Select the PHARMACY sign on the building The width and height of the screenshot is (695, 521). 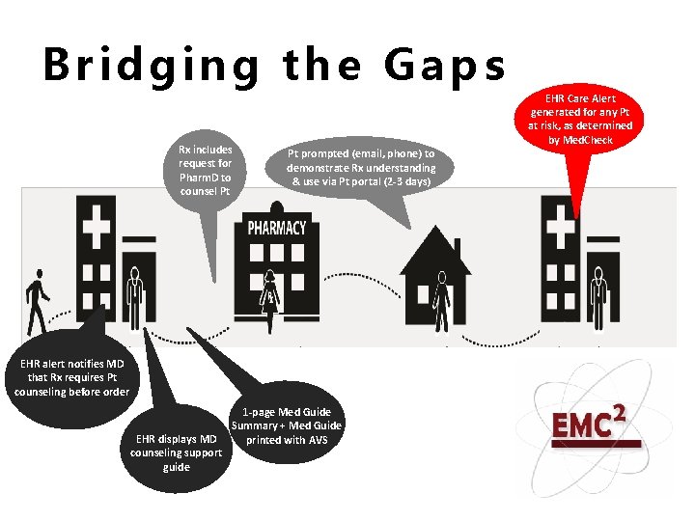[277, 228]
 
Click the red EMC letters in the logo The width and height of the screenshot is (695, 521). [578, 425]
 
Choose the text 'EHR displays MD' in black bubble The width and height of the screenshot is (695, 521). [177, 440]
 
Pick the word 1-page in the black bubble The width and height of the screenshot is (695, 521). [260, 412]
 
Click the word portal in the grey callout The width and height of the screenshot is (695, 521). [372, 180]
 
